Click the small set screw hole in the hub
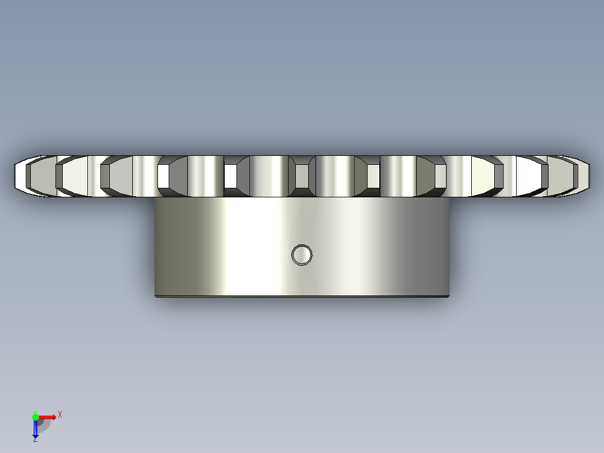(x=301, y=255)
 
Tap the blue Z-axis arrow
(x=35, y=429)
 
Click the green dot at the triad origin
(x=35, y=417)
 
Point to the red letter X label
(x=60, y=415)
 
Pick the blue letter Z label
(x=35, y=440)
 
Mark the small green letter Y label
(x=35, y=413)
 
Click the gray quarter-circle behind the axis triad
(x=45, y=427)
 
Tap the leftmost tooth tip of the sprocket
(x=14, y=176)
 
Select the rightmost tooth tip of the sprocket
(x=589, y=176)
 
